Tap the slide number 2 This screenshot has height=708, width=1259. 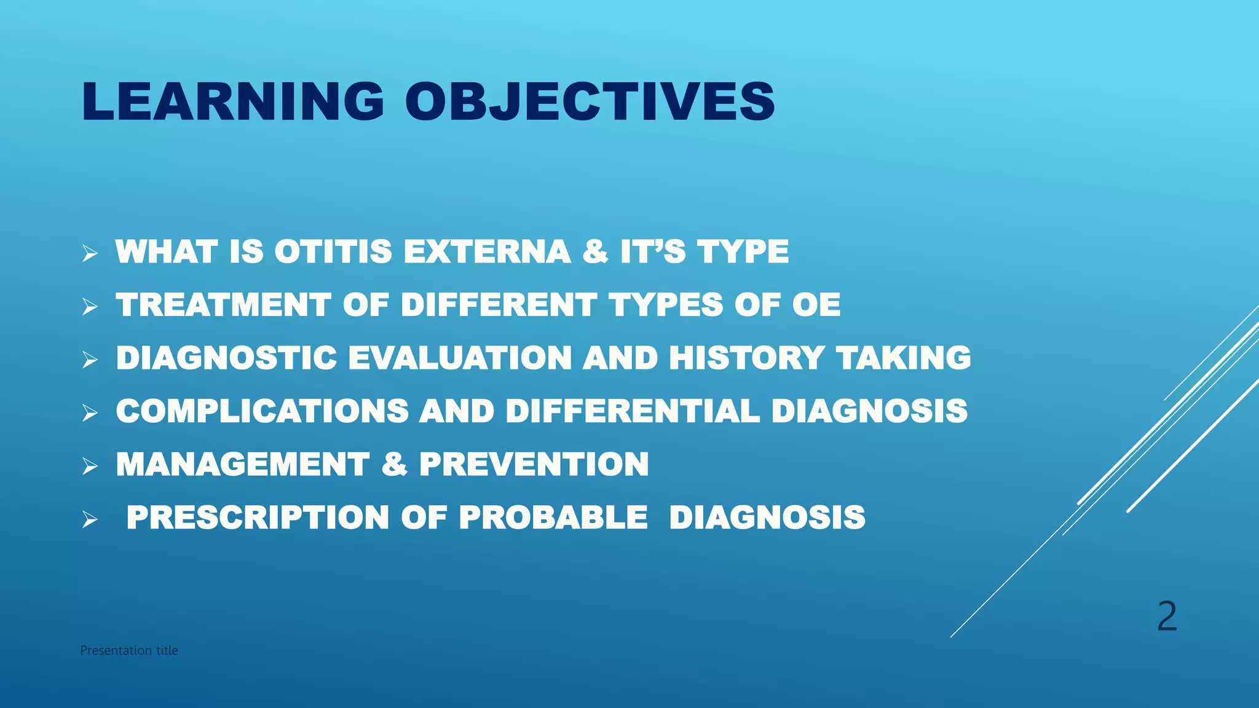1167,616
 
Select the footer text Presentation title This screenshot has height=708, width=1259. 129,650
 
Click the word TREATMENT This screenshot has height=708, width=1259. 224,305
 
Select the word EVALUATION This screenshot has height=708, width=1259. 460,358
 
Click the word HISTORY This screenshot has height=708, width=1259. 746,358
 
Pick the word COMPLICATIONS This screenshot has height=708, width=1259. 262,411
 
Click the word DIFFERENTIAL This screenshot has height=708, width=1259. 633,411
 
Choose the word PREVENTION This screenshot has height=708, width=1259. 534,464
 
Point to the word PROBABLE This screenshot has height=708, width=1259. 553,517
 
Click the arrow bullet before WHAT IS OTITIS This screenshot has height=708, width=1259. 90,253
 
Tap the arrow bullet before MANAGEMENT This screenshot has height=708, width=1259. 90,466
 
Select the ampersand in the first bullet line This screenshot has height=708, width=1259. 595,252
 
